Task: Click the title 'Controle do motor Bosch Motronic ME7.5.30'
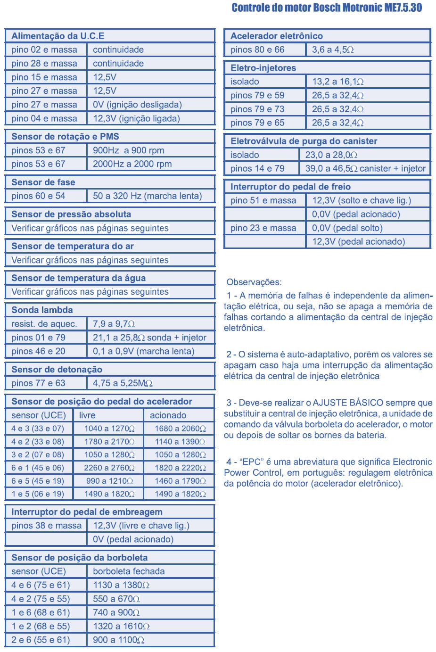pos(327,8)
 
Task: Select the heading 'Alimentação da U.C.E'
pos(58,36)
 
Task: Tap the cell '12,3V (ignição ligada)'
pos(136,118)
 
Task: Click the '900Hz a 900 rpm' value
pos(128,150)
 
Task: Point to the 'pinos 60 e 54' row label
pos(38,196)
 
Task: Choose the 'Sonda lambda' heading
pos(42,310)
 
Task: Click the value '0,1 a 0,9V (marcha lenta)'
pos(143,351)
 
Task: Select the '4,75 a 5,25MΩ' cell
pos(123,383)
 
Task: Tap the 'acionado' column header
pos(168,415)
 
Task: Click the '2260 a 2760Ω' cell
pos(109,468)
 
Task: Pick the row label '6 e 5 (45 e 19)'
pos(38,481)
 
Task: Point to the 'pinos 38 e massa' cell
pos(46,526)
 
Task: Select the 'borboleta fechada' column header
pos(129,571)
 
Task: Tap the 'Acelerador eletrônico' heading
pos(277,36)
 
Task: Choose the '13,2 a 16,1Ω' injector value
pos(337,82)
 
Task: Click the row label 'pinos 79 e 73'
pos(257,109)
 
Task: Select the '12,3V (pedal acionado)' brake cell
pos(358,242)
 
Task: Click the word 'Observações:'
pos(254,282)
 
